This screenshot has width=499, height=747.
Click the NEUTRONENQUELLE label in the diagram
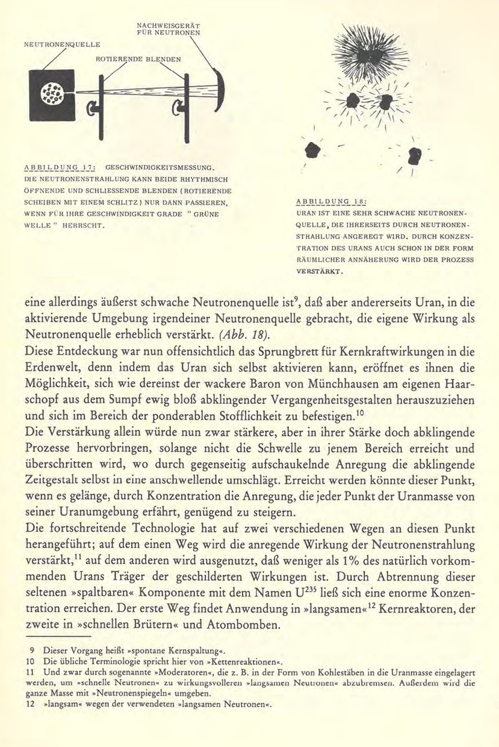[63, 44]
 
